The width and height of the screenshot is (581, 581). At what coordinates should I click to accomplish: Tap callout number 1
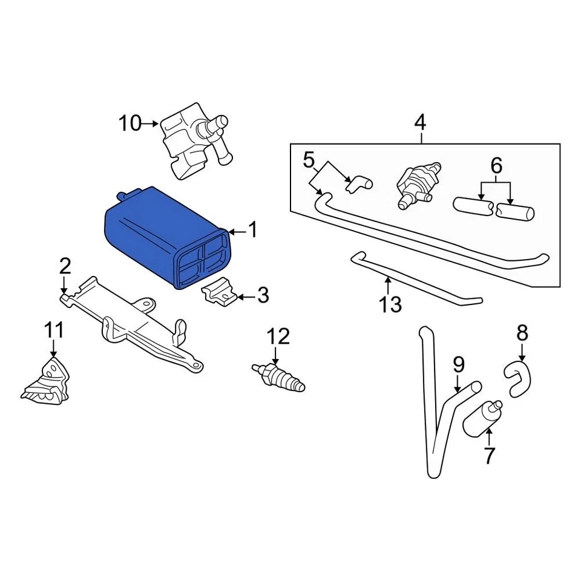pyautogui.click(x=253, y=231)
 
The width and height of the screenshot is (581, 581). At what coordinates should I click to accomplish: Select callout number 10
pyautogui.click(x=129, y=124)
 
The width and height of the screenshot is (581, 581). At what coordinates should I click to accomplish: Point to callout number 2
pyautogui.click(x=65, y=266)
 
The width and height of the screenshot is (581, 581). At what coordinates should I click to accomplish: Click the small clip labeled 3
pyautogui.click(x=219, y=292)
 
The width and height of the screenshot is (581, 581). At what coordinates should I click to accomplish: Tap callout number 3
pyautogui.click(x=263, y=296)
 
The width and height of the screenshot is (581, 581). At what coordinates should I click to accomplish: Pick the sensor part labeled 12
pyautogui.click(x=279, y=376)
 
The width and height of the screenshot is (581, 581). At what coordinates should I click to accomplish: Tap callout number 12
pyautogui.click(x=279, y=336)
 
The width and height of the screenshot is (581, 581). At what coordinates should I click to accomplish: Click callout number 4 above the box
pyautogui.click(x=420, y=123)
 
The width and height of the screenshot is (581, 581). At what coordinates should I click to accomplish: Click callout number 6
pyautogui.click(x=496, y=165)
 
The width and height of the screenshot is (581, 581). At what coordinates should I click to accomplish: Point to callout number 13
pyautogui.click(x=391, y=304)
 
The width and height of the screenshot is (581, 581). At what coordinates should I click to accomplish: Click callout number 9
pyautogui.click(x=459, y=364)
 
